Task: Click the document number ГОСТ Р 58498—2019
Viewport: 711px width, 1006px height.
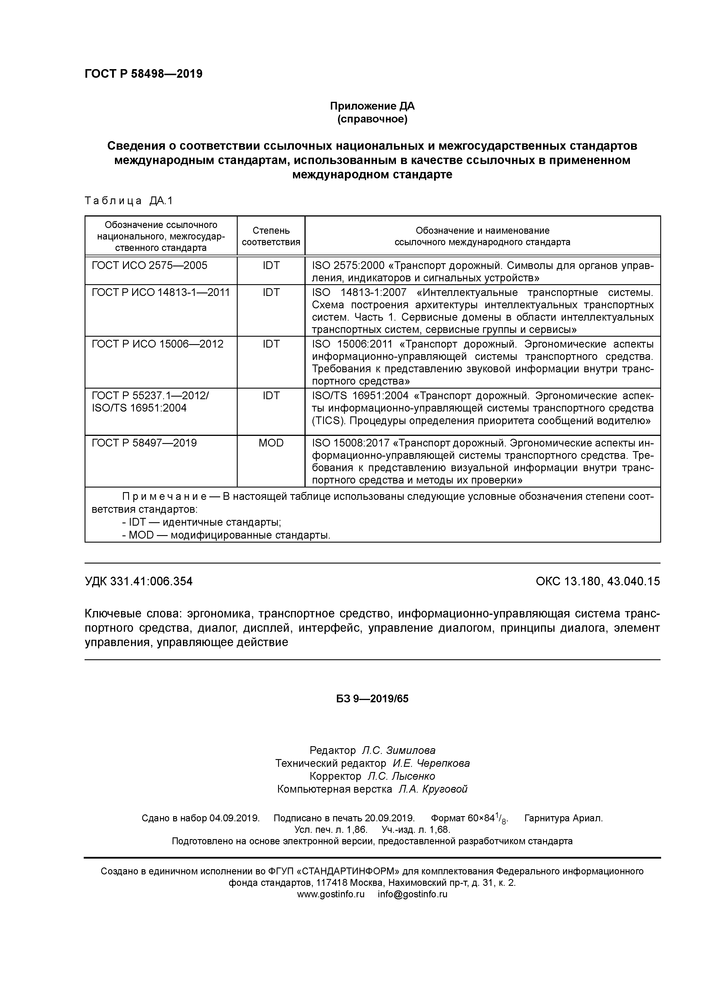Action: pyautogui.click(x=143, y=74)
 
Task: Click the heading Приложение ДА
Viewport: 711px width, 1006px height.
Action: pyautogui.click(x=372, y=106)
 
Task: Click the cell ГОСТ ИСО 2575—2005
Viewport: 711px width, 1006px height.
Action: pyautogui.click(x=149, y=266)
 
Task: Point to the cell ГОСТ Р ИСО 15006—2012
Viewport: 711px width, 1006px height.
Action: pyautogui.click(x=157, y=344)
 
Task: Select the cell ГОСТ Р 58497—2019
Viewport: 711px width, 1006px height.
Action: pyautogui.click(x=144, y=443)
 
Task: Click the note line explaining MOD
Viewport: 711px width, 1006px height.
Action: pyautogui.click(x=226, y=535)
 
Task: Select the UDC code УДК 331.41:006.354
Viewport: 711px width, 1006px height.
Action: pyautogui.click(x=138, y=581)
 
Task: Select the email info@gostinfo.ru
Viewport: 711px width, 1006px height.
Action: pyautogui.click(x=412, y=894)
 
